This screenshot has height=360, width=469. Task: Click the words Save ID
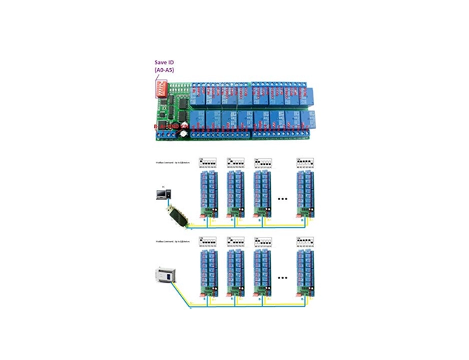click(164, 62)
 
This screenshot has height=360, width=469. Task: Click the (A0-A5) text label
click(164, 70)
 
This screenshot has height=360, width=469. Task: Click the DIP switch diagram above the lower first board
click(208, 242)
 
